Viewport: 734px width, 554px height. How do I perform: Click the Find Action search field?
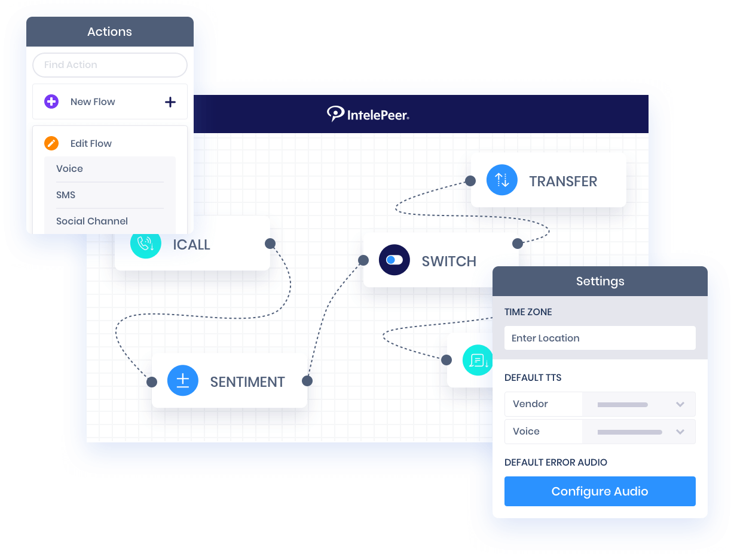coord(109,65)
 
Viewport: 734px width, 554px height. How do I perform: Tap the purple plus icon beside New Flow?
coord(51,101)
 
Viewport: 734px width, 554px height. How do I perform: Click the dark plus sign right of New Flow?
coord(170,102)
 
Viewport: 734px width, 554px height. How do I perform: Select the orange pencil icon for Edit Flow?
coord(51,143)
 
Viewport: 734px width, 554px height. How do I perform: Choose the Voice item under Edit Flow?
coord(69,169)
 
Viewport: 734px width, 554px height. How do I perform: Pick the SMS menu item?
coord(66,195)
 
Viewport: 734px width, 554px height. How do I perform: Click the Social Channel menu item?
coord(92,221)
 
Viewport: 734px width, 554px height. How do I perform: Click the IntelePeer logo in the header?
coord(368,113)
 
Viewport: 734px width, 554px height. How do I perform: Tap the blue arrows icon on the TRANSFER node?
coord(501,180)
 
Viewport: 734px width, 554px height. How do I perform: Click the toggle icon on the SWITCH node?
coord(394,260)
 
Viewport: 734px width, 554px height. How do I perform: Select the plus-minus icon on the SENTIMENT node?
coord(182,381)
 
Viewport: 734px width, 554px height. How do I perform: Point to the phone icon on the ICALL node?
coord(145,244)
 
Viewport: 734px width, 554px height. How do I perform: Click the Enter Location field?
coord(600,338)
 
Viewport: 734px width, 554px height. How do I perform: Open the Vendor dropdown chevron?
coord(680,404)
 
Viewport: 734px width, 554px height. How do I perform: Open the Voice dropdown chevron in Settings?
coord(680,432)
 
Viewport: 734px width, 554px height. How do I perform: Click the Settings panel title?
coord(600,281)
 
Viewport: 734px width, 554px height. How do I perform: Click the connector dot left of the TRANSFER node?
coord(470,180)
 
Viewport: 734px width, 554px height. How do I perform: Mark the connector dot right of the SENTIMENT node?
coord(307,381)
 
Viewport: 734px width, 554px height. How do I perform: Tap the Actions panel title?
coord(109,32)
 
